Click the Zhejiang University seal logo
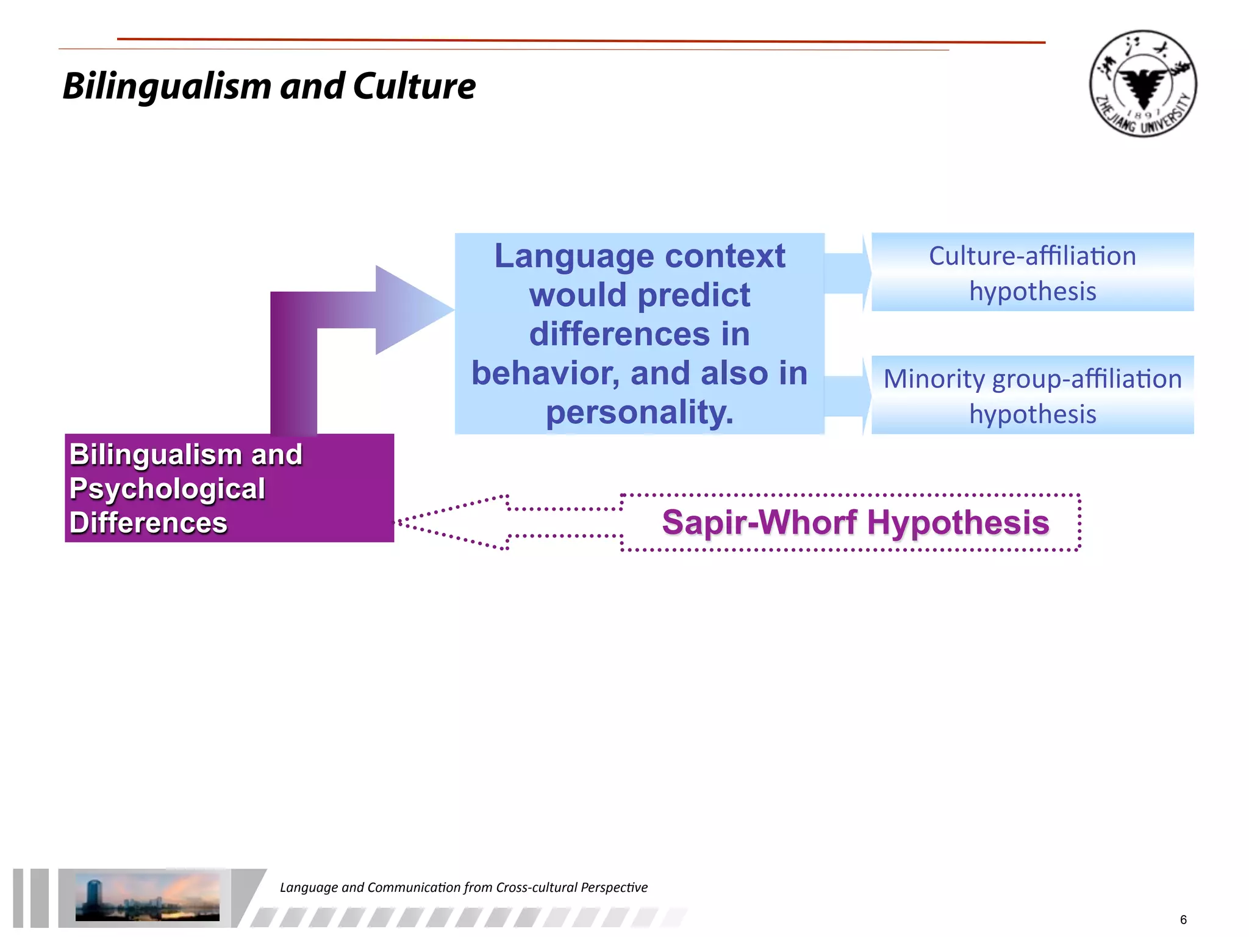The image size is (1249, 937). tap(1143, 84)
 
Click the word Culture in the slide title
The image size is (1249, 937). tap(414, 86)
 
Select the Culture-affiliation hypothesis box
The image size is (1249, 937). tap(1032, 272)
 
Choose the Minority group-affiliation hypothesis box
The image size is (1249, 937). tap(1032, 395)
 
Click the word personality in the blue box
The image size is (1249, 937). tap(639, 412)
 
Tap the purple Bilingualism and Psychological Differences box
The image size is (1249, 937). tap(229, 488)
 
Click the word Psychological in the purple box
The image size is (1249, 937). tap(167, 489)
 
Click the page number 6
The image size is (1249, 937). tap(1183, 919)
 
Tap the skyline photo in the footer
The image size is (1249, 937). tap(147, 897)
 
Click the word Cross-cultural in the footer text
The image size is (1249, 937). tap(536, 887)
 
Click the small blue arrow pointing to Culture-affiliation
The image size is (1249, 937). tap(847, 273)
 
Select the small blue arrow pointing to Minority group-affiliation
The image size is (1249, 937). tap(847, 396)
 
